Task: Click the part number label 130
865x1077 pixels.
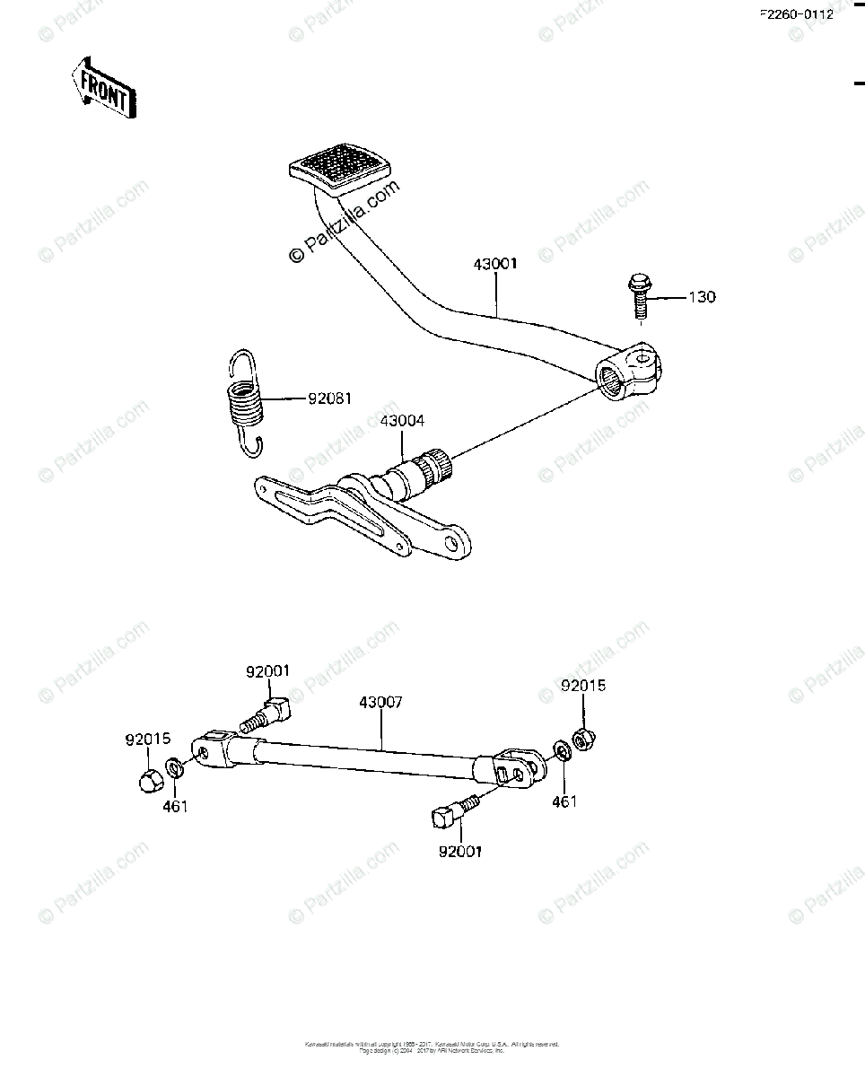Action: point(702,297)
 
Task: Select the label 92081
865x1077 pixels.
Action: point(329,397)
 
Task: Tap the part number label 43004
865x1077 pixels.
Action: point(402,420)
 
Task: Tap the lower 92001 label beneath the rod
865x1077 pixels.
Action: point(459,852)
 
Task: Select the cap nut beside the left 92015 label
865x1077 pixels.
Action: point(150,778)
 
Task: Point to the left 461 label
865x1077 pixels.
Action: point(175,807)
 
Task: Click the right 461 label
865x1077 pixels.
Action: point(564,801)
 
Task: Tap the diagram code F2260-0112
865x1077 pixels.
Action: point(796,14)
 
